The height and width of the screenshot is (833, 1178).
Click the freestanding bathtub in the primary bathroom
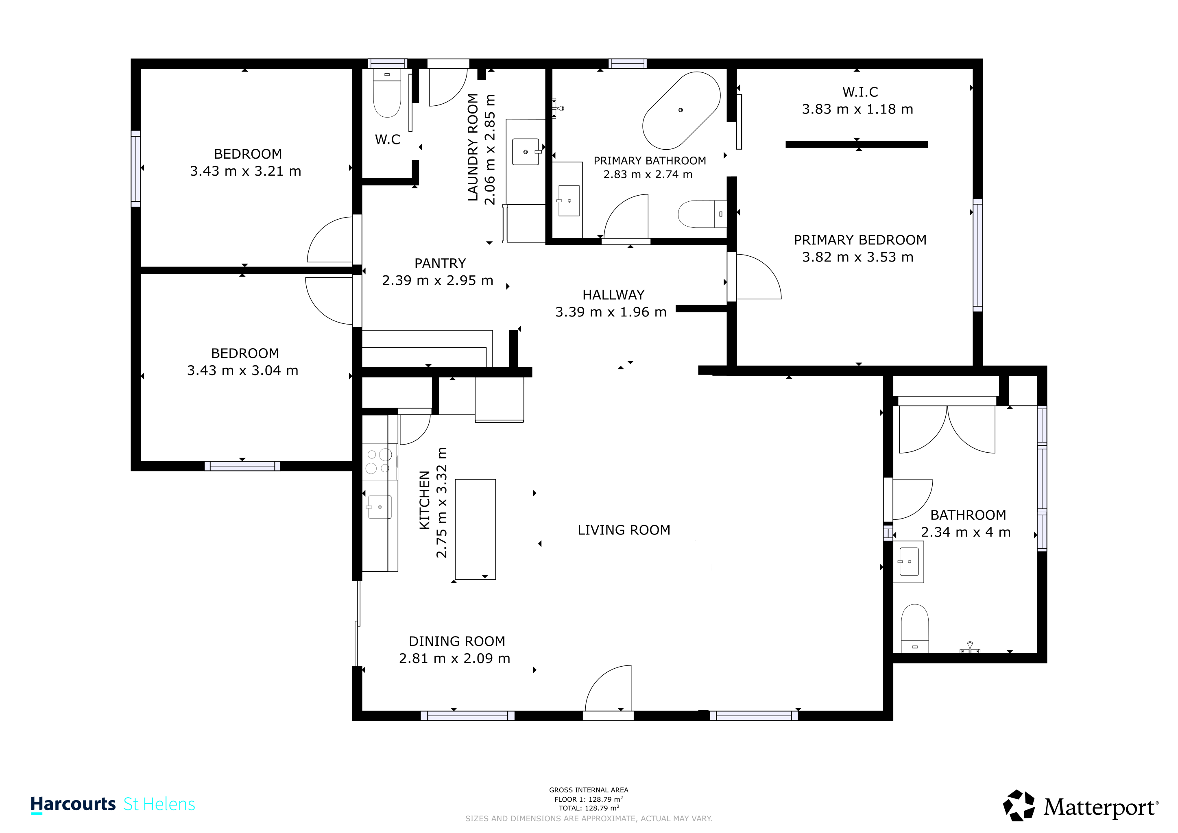click(681, 110)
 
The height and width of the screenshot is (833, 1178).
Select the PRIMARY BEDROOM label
click(860, 240)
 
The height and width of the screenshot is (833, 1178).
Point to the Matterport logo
click(1080, 806)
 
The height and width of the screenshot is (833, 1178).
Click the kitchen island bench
click(475, 529)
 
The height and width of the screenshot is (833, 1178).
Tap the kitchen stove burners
click(379, 461)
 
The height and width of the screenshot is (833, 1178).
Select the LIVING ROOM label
click(624, 530)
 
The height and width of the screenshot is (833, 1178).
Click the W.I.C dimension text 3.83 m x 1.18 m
click(857, 109)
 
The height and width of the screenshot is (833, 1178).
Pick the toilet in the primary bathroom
click(702, 214)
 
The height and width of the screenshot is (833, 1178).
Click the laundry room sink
click(526, 152)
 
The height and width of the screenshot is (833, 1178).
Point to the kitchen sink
click(380, 507)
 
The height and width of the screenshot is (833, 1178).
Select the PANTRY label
click(440, 264)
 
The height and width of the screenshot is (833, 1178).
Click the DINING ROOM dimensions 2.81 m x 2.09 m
click(455, 659)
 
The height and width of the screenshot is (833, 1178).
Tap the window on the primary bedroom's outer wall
click(978, 255)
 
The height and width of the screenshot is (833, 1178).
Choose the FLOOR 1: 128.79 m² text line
click(589, 799)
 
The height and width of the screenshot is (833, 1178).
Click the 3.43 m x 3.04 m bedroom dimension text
click(243, 371)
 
